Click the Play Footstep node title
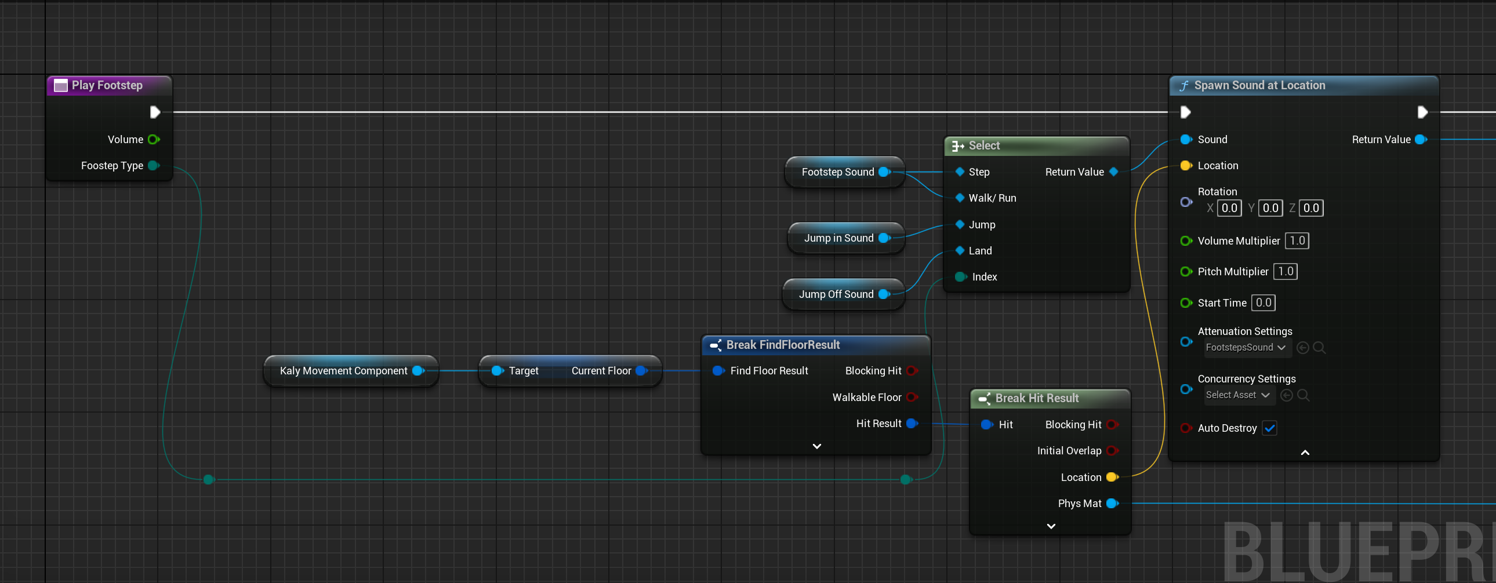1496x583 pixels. point(107,85)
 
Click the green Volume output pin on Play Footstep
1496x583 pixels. point(153,139)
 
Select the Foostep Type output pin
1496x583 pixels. point(153,166)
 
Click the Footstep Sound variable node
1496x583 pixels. point(844,172)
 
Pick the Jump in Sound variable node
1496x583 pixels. point(845,238)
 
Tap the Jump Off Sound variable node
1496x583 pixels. point(843,294)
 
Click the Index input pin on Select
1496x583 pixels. point(961,277)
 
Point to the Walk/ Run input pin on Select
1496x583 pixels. point(960,198)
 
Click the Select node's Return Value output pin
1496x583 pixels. point(1113,172)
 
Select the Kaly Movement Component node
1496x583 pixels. point(351,371)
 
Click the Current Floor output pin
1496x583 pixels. point(641,371)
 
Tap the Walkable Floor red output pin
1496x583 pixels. point(912,397)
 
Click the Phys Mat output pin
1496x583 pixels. point(1112,504)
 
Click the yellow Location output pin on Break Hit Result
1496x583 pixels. point(1112,478)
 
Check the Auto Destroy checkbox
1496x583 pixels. point(1269,428)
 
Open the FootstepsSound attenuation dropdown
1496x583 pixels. point(1245,348)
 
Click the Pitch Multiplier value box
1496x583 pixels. point(1285,272)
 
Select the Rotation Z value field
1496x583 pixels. point(1311,208)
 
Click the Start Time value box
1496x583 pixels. point(1263,303)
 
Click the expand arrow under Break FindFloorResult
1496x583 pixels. point(816,446)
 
